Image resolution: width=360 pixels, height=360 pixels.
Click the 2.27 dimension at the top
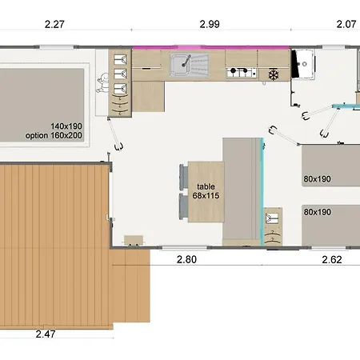(x=54, y=25)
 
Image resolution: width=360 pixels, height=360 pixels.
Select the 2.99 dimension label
(x=210, y=25)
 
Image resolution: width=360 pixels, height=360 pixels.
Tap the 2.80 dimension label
(x=186, y=259)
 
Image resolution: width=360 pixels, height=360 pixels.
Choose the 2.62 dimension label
(x=333, y=259)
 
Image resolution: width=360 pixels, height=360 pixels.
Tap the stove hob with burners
(x=238, y=73)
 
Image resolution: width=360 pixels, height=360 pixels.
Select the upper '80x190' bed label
(x=318, y=179)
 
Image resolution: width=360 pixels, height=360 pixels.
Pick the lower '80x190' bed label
(x=318, y=212)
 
